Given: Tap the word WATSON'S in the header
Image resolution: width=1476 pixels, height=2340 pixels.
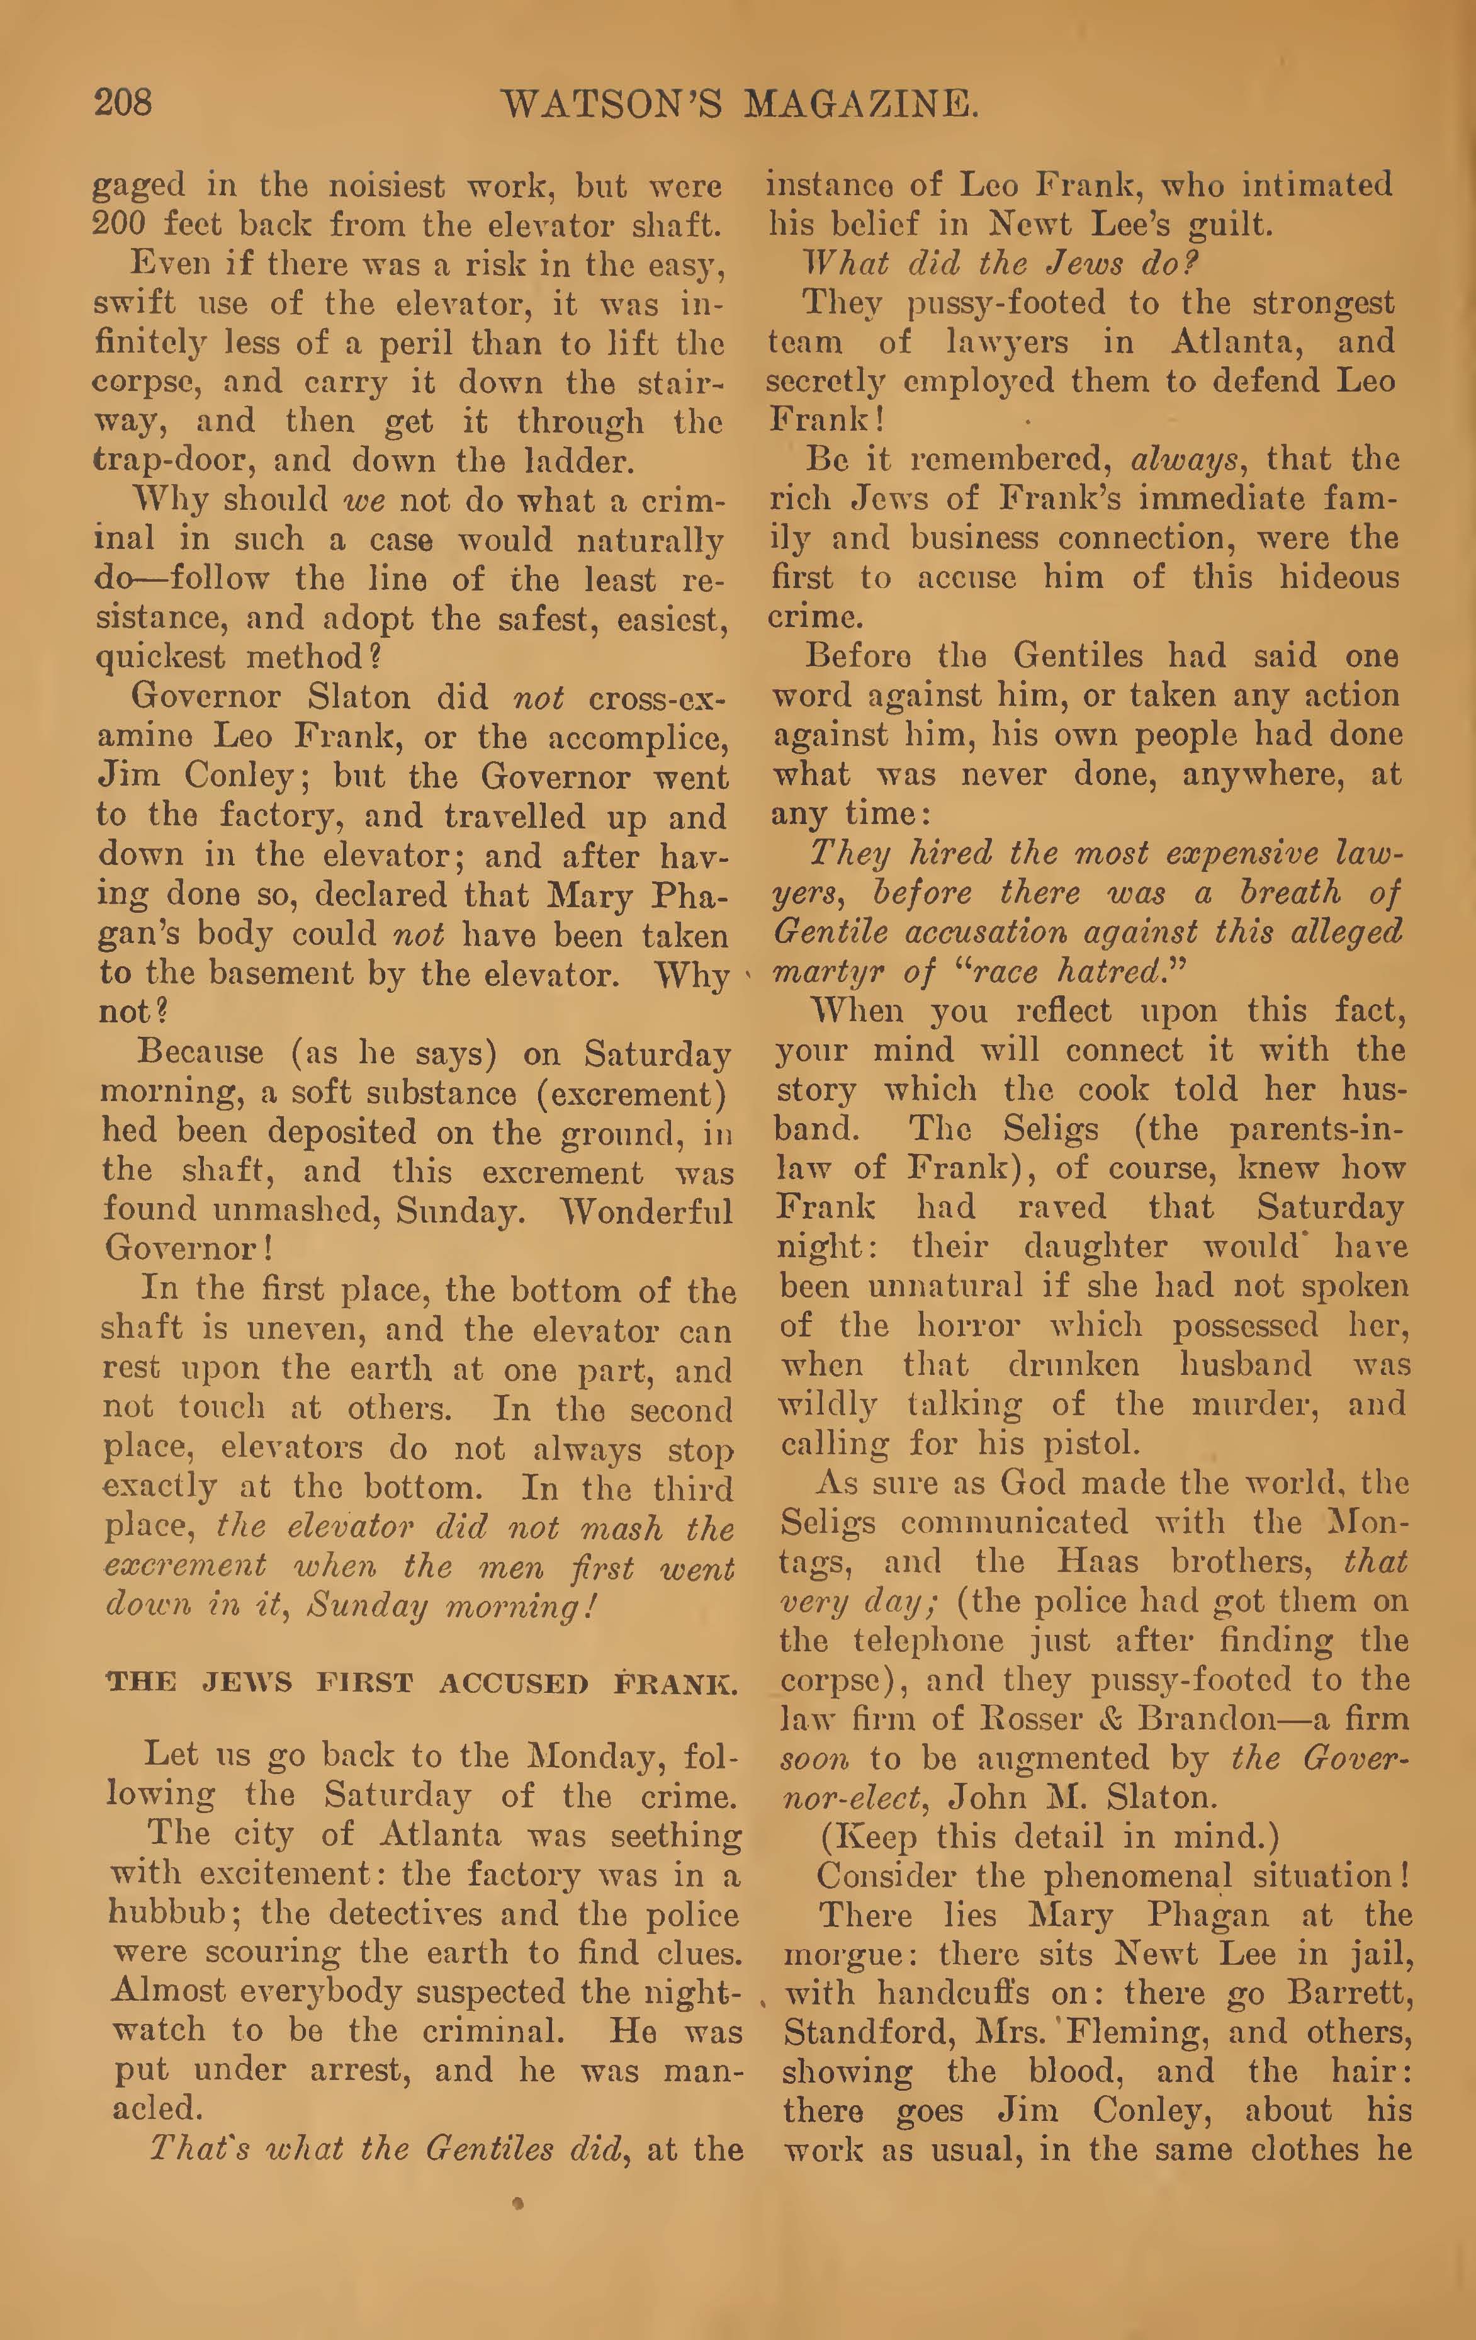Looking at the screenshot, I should click(x=610, y=105).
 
